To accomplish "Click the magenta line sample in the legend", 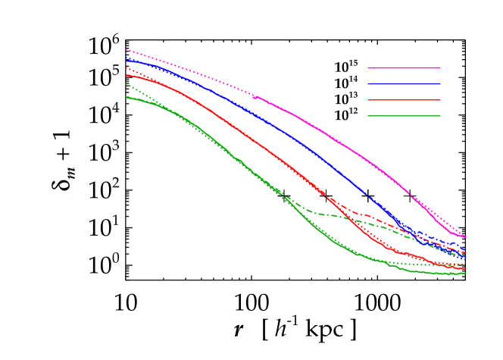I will click(x=404, y=68).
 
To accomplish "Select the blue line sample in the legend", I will click(x=404, y=84).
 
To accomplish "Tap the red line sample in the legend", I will click(x=404, y=100).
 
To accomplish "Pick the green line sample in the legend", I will click(x=404, y=116).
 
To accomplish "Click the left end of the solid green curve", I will click(x=127, y=97).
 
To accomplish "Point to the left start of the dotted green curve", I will click(x=127, y=84).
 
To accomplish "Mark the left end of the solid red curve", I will click(x=127, y=75).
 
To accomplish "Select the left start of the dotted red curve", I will click(x=127, y=68).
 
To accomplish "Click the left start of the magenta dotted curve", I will click(x=127, y=50).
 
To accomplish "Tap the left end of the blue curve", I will click(x=127, y=58).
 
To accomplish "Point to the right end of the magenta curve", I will click(x=465, y=237).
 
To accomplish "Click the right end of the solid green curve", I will click(x=465, y=273).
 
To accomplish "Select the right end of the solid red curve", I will click(x=465, y=269).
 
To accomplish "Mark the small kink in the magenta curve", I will click(x=254, y=97).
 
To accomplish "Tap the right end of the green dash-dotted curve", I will click(x=465, y=254).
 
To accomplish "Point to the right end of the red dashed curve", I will click(x=465, y=252).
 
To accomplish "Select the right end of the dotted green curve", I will click(x=465, y=265).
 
